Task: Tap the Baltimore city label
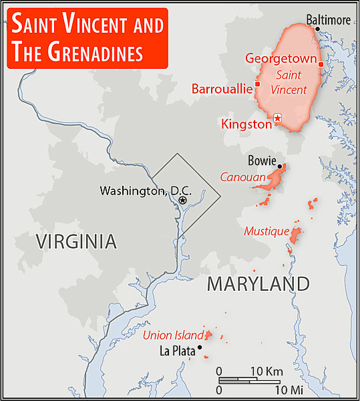[x=328, y=20]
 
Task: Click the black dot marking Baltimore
[x=317, y=29]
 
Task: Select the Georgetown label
[x=280, y=58]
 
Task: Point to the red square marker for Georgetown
[x=321, y=64]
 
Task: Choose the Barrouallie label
[x=222, y=88]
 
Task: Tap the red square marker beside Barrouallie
[x=258, y=84]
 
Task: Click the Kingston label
[x=246, y=124]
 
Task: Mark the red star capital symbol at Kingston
[x=278, y=118]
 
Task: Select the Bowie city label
[x=262, y=160]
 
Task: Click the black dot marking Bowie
[x=281, y=166]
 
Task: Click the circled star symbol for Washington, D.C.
[x=182, y=199]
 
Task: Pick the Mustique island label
[x=266, y=231]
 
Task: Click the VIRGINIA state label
[x=77, y=241]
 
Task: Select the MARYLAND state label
[x=258, y=284]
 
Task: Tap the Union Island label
[x=172, y=335]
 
